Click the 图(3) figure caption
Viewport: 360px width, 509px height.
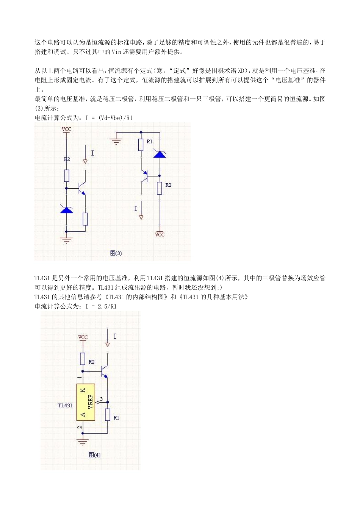pyautogui.click(x=116, y=253)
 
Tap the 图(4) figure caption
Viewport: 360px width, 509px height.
pyautogui.click(x=95, y=454)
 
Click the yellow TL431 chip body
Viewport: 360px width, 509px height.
pyautogui.click(x=86, y=402)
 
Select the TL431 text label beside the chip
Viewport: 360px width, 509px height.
pyautogui.click(x=65, y=405)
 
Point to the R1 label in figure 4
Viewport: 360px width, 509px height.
pyautogui.click(x=116, y=417)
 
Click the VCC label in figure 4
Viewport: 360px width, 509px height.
pyautogui.click(x=83, y=337)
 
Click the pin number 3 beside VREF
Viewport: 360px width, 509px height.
pyautogui.click(x=101, y=399)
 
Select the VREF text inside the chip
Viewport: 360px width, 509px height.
pyautogui.click(x=91, y=403)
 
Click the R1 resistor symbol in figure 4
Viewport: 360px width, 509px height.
pyautogui.click(x=108, y=415)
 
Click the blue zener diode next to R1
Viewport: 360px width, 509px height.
pyautogui.click(x=160, y=154)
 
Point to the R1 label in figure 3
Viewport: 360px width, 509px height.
pyautogui.click(x=150, y=141)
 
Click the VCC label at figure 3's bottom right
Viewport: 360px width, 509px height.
pyautogui.click(x=160, y=234)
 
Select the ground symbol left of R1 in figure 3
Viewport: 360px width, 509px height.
pyautogui.click(x=116, y=142)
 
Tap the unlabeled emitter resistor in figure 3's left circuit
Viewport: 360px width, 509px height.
pyautogui.click(x=85, y=219)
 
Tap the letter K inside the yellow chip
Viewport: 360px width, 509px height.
pyautogui.click(x=83, y=390)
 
